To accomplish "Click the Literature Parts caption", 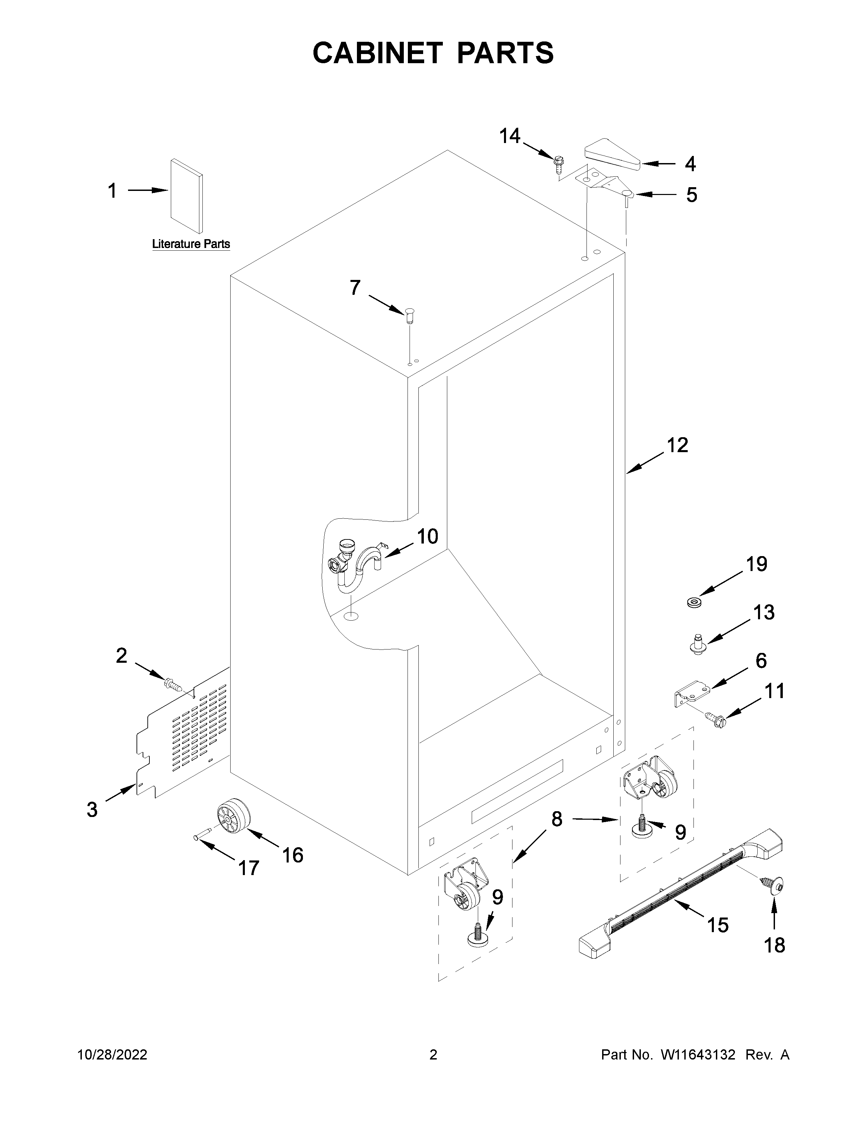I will [191, 244].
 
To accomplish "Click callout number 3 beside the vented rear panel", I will [92, 809].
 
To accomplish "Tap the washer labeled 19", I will [695, 601].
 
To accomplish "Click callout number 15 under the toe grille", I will [717, 925].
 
